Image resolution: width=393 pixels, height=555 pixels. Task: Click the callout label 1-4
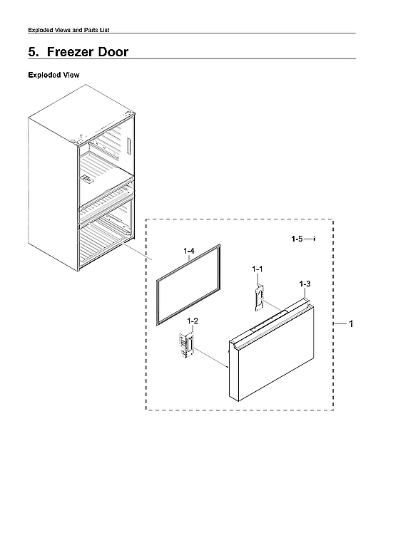(189, 251)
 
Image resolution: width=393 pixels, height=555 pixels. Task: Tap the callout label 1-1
(258, 269)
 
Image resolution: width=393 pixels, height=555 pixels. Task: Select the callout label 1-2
(193, 321)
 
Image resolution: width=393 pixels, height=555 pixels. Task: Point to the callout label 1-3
(305, 284)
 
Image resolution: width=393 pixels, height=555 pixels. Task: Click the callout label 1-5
(297, 240)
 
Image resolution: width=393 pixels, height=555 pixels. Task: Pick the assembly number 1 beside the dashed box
(351, 324)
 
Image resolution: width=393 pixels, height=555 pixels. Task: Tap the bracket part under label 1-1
(258, 295)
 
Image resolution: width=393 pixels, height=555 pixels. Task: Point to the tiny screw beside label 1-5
(315, 240)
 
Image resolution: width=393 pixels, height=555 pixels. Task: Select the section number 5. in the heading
(34, 52)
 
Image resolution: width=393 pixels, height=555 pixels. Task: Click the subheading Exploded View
(53, 75)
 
